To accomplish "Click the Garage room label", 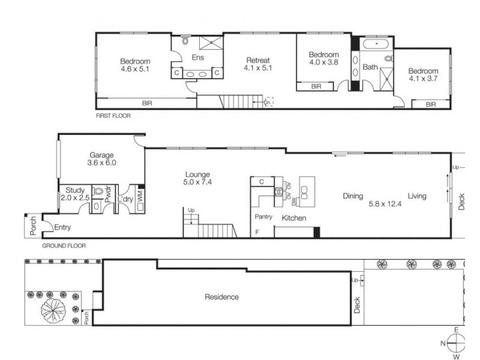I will [101, 155].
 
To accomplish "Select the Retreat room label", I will [259, 60].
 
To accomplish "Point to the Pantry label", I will [263, 217].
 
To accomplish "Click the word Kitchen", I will [294, 218].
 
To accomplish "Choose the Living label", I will [417, 196].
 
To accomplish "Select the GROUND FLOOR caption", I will [64, 245].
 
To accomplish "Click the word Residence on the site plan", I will [221, 296].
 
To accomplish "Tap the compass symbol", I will [456, 343].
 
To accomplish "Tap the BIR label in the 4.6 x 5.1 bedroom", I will [147, 103].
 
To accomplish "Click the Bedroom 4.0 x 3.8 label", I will [324, 58].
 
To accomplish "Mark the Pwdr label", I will [109, 194].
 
